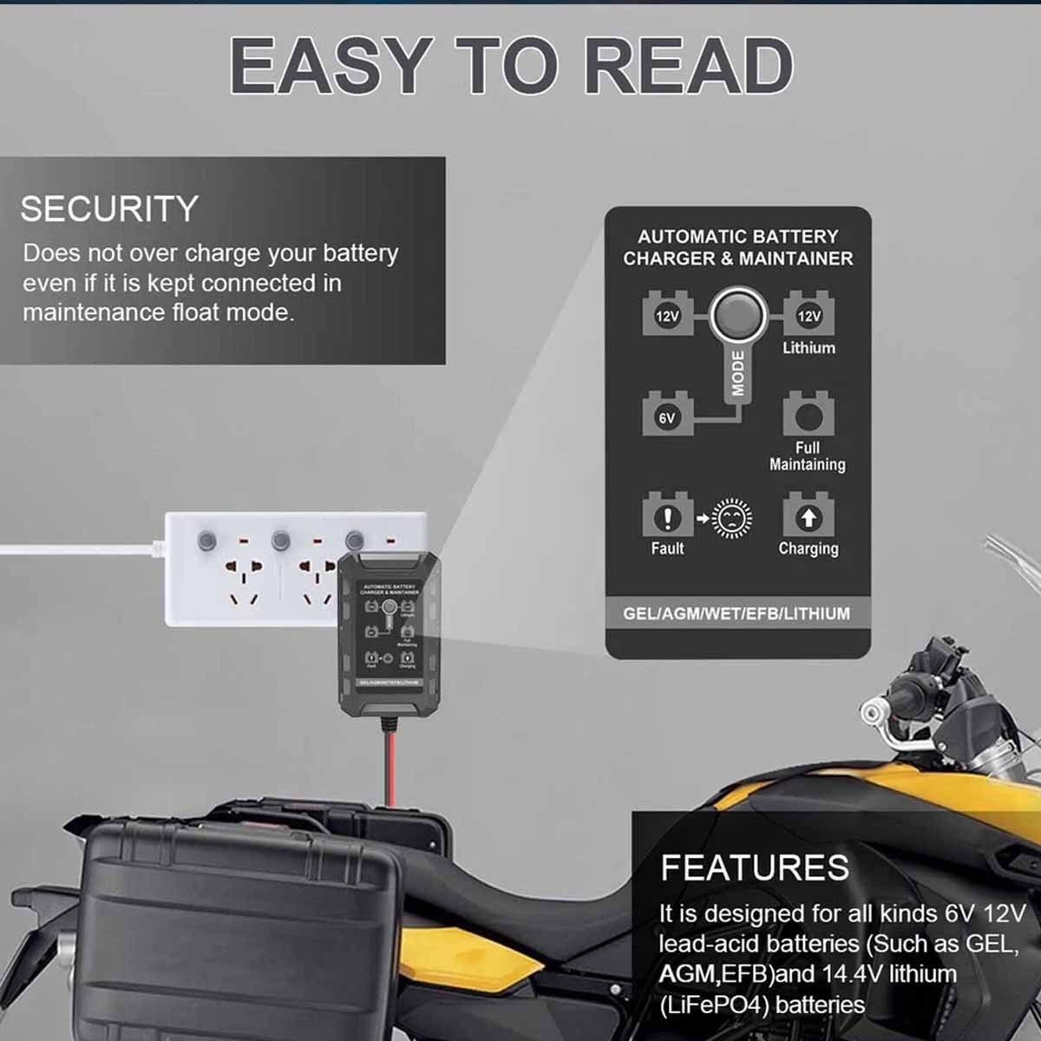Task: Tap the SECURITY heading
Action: coord(109,209)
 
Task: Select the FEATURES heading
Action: coord(755,867)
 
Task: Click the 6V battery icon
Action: coord(667,414)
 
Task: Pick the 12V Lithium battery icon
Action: coord(809,313)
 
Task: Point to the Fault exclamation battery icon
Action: coord(667,516)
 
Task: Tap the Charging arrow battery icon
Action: coord(809,516)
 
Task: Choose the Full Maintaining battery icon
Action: coord(809,415)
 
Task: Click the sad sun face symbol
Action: coord(731,519)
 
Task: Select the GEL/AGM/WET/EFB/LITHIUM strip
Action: coord(737,613)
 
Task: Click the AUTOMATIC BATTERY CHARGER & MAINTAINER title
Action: coord(737,247)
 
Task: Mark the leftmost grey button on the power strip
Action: coord(206,541)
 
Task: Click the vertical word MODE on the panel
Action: coord(737,374)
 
